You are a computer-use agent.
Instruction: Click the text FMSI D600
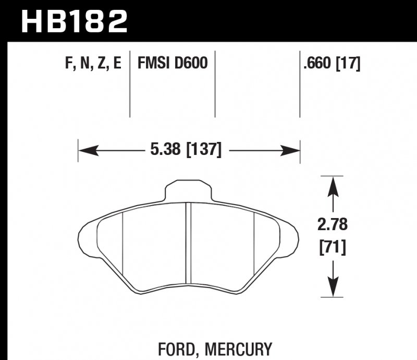point(173,64)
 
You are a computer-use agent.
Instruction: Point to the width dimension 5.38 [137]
point(186,151)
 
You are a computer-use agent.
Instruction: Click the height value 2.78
point(332,226)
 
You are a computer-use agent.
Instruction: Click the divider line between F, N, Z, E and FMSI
point(129,83)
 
